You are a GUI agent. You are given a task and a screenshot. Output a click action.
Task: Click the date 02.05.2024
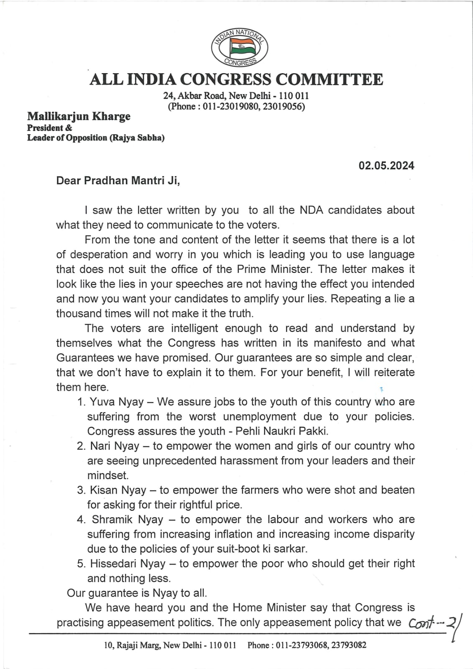click(x=386, y=166)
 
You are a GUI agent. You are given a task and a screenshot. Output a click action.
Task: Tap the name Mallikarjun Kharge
click(x=79, y=116)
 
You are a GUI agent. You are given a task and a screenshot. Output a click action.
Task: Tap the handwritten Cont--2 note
click(x=433, y=623)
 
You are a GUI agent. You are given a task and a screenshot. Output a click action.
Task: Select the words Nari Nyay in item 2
click(x=114, y=446)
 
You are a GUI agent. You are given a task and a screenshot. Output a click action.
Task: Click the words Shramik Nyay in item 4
click(x=127, y=520)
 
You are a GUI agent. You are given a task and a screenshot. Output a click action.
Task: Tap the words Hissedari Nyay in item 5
click(x=128, y=564)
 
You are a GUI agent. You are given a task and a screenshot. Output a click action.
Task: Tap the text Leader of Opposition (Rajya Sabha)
click(x=96, y=138)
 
